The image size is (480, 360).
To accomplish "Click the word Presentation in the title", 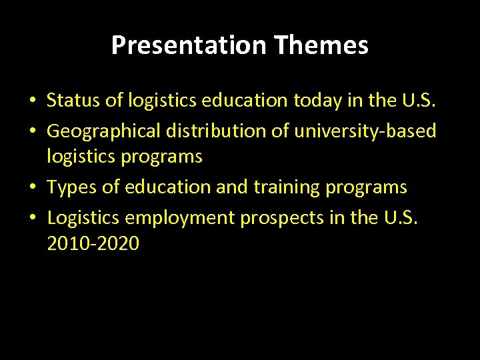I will (189, 45).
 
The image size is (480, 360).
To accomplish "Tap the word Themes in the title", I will (321, 45).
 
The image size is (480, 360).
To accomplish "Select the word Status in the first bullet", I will (70, 101).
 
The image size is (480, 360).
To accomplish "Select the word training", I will (287, 187).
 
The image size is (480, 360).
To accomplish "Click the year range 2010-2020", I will (93, 244).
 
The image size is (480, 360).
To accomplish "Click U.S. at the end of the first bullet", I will (418, 101).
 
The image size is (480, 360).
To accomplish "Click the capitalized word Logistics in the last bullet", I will (83, 217).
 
